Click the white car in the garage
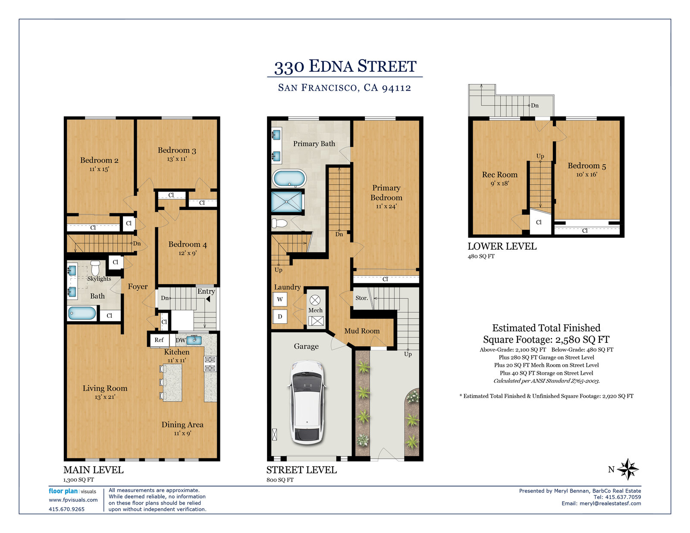(307, 402)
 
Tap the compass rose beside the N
(628, 469)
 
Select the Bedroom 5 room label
(586, 166)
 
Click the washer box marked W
(280, 299)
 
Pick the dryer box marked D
(280, 316)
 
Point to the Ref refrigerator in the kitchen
(159, 340)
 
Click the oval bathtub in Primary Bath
(289, 179)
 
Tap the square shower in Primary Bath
(286, 201)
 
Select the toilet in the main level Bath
(95, 268)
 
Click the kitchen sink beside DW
(194, 340)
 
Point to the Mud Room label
(362, 331)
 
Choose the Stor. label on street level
(362, 298)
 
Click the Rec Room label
(499, 175)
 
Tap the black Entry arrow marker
(208, 299)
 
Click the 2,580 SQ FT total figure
(582, 340)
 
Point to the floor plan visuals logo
(72, 491)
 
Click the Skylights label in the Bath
(99, 279)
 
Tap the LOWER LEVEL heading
(502, 246)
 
